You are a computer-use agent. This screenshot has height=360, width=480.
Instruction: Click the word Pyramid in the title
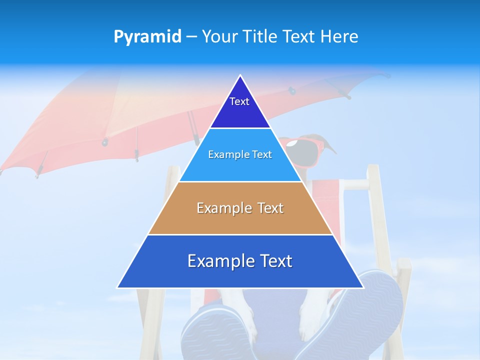(147, 37)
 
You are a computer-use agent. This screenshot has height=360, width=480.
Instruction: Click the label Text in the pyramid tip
(239, 101)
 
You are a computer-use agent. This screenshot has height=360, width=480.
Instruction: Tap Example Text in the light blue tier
(240, 154)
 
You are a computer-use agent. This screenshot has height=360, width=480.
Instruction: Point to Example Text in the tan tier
(240, 208)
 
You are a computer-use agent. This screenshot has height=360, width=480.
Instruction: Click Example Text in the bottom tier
(240, 261)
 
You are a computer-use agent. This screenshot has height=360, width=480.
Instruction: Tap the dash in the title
(191, 37)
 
